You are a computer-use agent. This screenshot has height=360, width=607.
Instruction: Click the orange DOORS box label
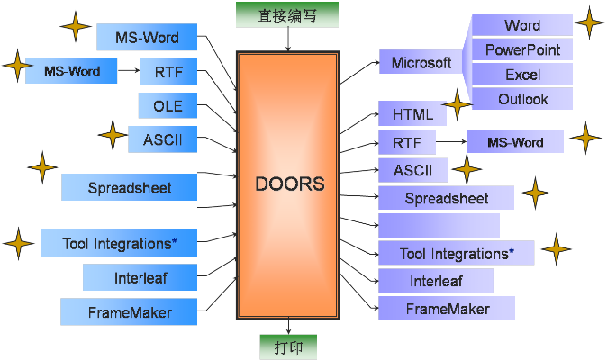pyautogui.click(x=289, y=184)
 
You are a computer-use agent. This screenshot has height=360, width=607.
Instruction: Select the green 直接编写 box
pyautogui.click(x=286, y=14)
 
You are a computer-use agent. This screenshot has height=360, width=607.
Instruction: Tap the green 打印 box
pyautogui.click(x=288, y=346)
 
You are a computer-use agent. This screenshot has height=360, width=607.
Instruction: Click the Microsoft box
pyautogui.click(x=421, y=63)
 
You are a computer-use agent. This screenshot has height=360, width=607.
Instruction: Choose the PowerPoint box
pyautogui.click(x=522, y=49)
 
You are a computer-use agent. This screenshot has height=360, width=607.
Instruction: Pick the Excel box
pyautogui.click(x=522, y=75)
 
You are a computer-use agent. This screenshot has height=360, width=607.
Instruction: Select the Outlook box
pyautogui.click(x=522, y=99)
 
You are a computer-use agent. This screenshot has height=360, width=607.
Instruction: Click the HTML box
pyautogui.click(x=413, y=115)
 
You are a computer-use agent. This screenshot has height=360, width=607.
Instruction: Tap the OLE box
pyautogui.click(x=168, y=106)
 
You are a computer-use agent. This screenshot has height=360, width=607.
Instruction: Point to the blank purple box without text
pyautogui.click(x=439, y=226)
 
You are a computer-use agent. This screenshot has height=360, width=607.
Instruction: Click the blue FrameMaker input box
pyautogui.click(x=129, y=312)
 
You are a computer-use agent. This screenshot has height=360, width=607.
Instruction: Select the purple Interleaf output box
pyautogui.click(x=436, y=281)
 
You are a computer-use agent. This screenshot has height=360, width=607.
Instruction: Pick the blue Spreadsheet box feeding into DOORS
pyautogui.click(x=129, y=188)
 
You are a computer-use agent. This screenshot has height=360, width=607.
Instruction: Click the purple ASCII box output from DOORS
pyautogui.click(x=413, y=170)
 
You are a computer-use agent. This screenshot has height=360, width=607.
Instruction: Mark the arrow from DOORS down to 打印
pyautogui.click(x=288, y=327)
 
